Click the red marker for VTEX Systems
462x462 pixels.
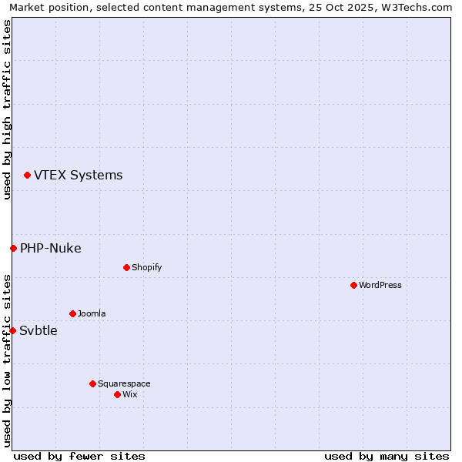coord(27,176)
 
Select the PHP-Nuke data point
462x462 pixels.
coord(13,248)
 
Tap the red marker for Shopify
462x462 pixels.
coord(126,267)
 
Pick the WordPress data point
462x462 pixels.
coord(353,285)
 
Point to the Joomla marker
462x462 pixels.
coord(72,313)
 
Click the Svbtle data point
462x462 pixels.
coord(12,330)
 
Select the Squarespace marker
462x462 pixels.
coord(92,383)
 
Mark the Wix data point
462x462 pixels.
coord(117,394)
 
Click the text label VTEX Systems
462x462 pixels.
coord(78,175)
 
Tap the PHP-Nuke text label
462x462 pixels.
coord(50,248)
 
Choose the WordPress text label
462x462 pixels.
coord(380,285)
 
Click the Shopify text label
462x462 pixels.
coord(146,267)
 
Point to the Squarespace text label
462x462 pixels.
coord(124,383)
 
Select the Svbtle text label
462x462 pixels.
coord(38,330)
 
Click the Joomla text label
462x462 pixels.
coord(92,313)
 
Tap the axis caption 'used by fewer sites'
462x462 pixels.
coord(79,456)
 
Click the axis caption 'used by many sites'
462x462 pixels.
coord(387,456)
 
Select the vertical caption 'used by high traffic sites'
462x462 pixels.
coord(7,109)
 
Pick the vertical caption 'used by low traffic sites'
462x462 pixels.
coord(7,360)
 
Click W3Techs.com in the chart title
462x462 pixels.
coord(421,7)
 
